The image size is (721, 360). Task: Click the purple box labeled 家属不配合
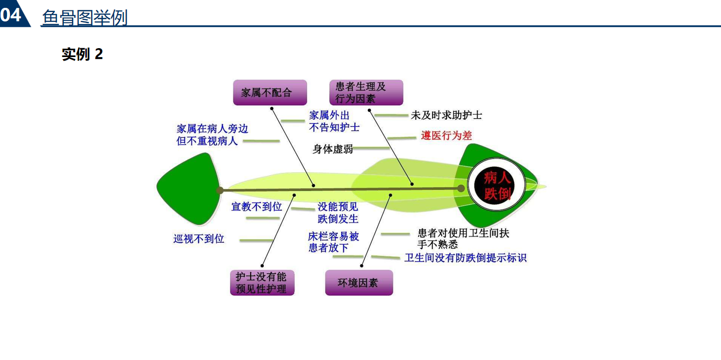point(269,93)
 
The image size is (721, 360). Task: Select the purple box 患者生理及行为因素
point(366,93)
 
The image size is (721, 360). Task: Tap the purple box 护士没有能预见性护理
point(262,283)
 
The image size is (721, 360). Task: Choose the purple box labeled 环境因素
point(358,283)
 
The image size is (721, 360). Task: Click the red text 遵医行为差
point(446,136)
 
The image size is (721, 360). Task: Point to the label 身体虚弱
point(333,149)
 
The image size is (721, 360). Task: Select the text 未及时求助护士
point(446,115)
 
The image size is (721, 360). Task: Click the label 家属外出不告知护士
point(334,121)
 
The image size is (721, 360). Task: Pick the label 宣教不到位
point(256,207)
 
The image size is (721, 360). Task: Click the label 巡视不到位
point(199,239)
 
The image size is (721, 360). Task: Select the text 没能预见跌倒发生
point(338,213)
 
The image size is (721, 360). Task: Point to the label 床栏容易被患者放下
point(334,242)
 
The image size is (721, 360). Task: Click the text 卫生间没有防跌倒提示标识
point(465,258)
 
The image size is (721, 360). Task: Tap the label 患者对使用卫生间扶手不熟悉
point(463,239)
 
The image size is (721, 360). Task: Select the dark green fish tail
point(188,187)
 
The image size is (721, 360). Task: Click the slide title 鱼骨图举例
point(85,18)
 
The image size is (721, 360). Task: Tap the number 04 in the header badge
point(12,14)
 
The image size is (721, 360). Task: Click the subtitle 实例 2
point(82,54)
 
